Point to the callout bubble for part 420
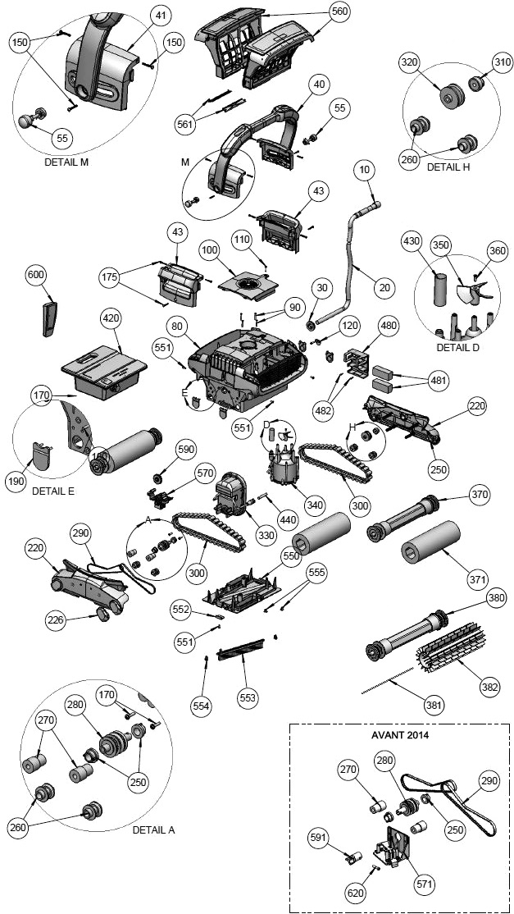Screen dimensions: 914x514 click(x=111, y=318)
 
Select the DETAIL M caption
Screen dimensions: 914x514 click(x=66, y=162)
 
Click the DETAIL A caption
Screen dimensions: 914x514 click(x=153, y=829)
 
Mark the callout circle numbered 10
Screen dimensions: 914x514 click(x=365, y=170)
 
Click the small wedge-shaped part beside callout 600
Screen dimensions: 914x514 click(x=47, y=315)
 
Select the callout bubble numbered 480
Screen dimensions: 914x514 click(x=388, y=325)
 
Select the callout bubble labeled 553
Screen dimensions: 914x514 click(x=247, y=697)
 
